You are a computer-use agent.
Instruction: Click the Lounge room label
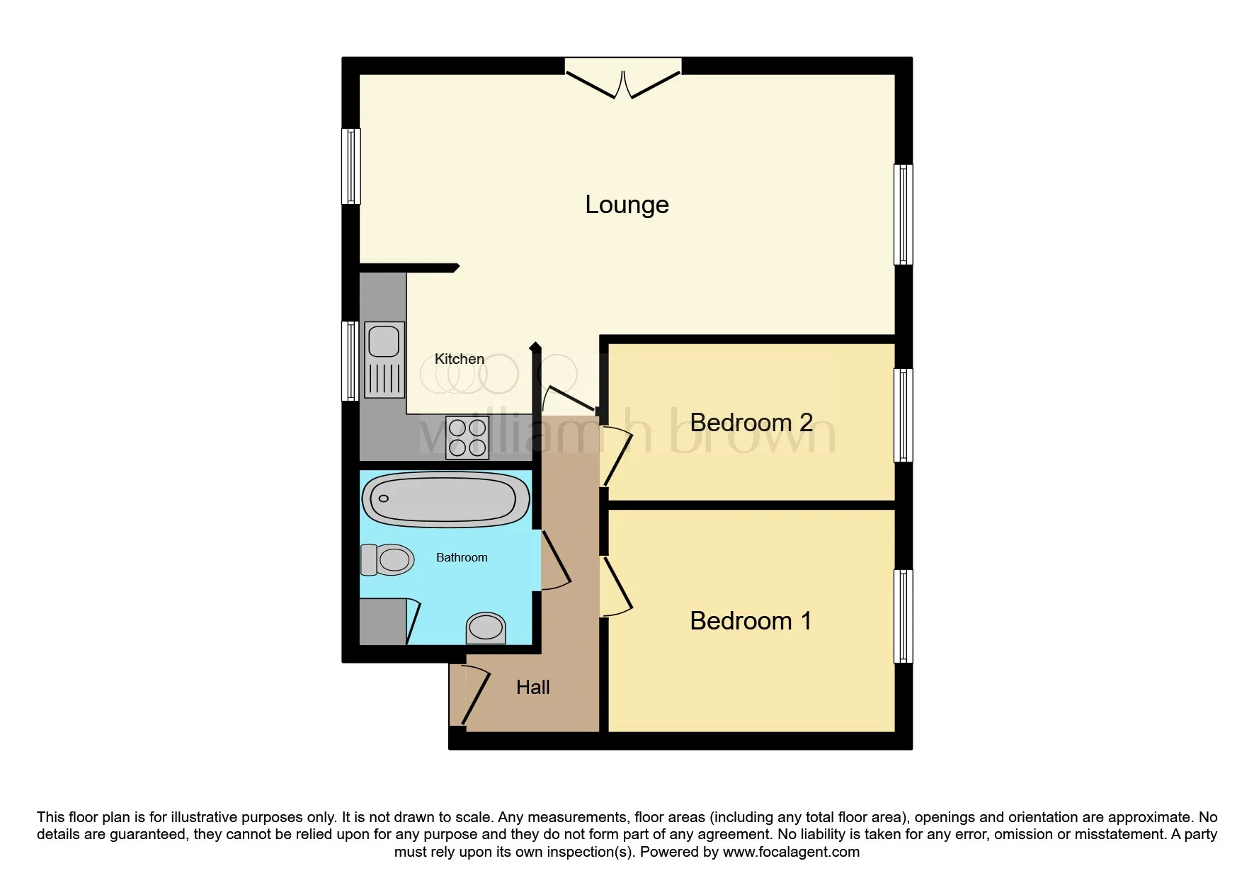click(627, 205)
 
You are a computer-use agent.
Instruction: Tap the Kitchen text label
click(459, 359)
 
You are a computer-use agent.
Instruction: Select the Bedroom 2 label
click(751, 423)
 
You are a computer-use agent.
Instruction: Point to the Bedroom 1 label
click(750, 621)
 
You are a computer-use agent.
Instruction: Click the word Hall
click(532, 688)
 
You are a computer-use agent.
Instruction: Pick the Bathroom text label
click(462, 558)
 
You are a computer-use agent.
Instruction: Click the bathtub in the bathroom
click(445, 499)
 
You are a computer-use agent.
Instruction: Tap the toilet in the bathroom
click(388, 559)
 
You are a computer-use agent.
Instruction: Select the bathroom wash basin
click(486, 627)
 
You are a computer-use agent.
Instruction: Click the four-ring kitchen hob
click(467, 438)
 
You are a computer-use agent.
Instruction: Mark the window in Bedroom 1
click(903, 616)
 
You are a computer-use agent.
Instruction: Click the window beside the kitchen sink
click(350, 361)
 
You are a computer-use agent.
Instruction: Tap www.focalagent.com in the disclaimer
click(791, 852)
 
